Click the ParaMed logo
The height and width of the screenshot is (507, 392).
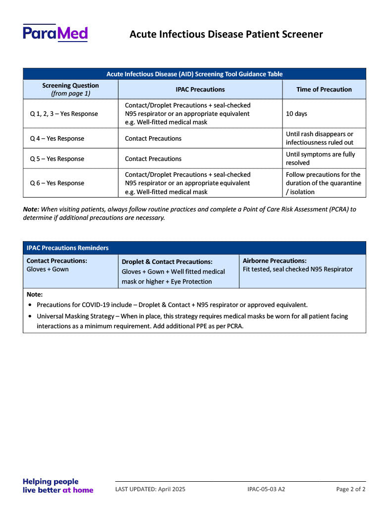click(55, 33)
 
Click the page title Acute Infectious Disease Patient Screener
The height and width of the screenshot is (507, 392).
click(226, 34)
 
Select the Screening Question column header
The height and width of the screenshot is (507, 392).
click(70, 89)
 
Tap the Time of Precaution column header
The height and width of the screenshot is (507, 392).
click(324, 90)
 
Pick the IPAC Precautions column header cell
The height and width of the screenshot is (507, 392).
click(200, 90)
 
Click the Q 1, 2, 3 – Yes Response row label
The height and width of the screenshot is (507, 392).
click(64, 114)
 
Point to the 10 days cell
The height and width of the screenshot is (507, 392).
click(296, 114)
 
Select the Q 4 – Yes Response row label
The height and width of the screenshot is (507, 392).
click(57, 139)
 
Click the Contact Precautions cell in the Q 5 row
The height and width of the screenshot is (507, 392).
click(153, 159)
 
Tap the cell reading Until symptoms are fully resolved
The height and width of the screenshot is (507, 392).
click(320, 158)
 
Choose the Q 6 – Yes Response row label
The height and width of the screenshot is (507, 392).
click(57, 183)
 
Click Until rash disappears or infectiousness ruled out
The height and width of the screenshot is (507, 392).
click(320, 138)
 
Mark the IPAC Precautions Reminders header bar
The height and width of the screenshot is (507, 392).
click(194, 248)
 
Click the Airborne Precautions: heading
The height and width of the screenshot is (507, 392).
click(275, 260)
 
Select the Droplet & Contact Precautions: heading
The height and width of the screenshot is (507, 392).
click(167, 261)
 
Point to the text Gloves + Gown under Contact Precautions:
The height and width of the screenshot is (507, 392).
click(48, 269)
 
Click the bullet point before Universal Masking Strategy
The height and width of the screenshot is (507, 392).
click(31, 316)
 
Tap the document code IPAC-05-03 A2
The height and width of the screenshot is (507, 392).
click(266, 489)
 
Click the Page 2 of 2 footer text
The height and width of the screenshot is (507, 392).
click(350, 489)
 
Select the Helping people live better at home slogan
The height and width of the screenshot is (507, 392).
click(58, 486)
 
